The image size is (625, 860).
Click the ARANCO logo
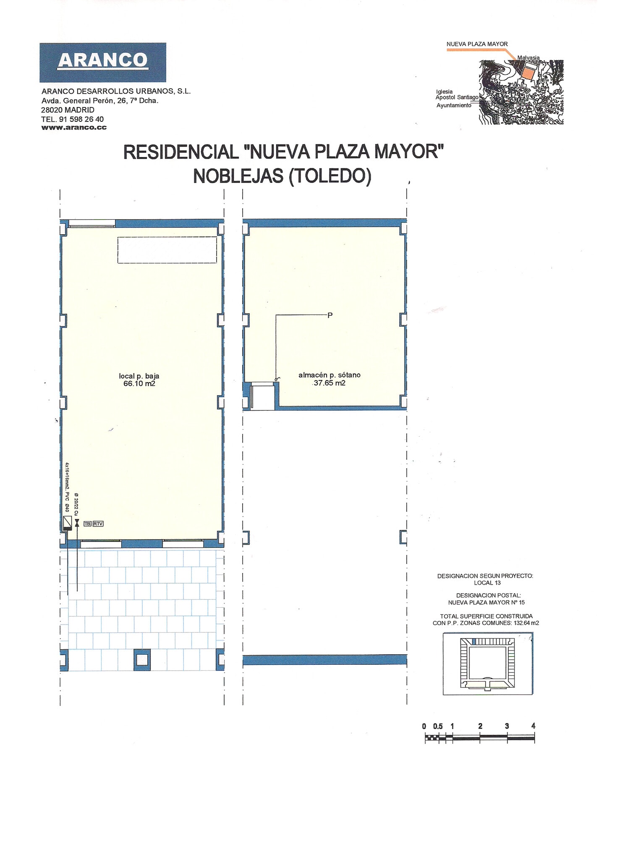point(103,62)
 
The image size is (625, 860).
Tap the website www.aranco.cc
point(74,128)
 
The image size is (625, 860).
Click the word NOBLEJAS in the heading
point(238,176)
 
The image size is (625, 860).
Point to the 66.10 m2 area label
point(139,383)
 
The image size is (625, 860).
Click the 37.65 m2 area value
point(329,383)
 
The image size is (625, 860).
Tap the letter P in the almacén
point(330,315)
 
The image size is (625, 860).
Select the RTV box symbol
point(98,524)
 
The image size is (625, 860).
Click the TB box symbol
point(87,524)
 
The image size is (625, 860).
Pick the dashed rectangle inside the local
point(167,250)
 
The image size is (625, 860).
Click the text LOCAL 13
point(487,583)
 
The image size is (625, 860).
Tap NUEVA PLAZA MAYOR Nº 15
point(486,603)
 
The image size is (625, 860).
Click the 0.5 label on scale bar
point(438,726)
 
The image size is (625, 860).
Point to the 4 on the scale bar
point(533,726)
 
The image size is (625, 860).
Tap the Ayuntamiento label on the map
point(453,105)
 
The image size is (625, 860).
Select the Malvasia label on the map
point(528,58)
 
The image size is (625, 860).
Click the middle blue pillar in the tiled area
point(142,660)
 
